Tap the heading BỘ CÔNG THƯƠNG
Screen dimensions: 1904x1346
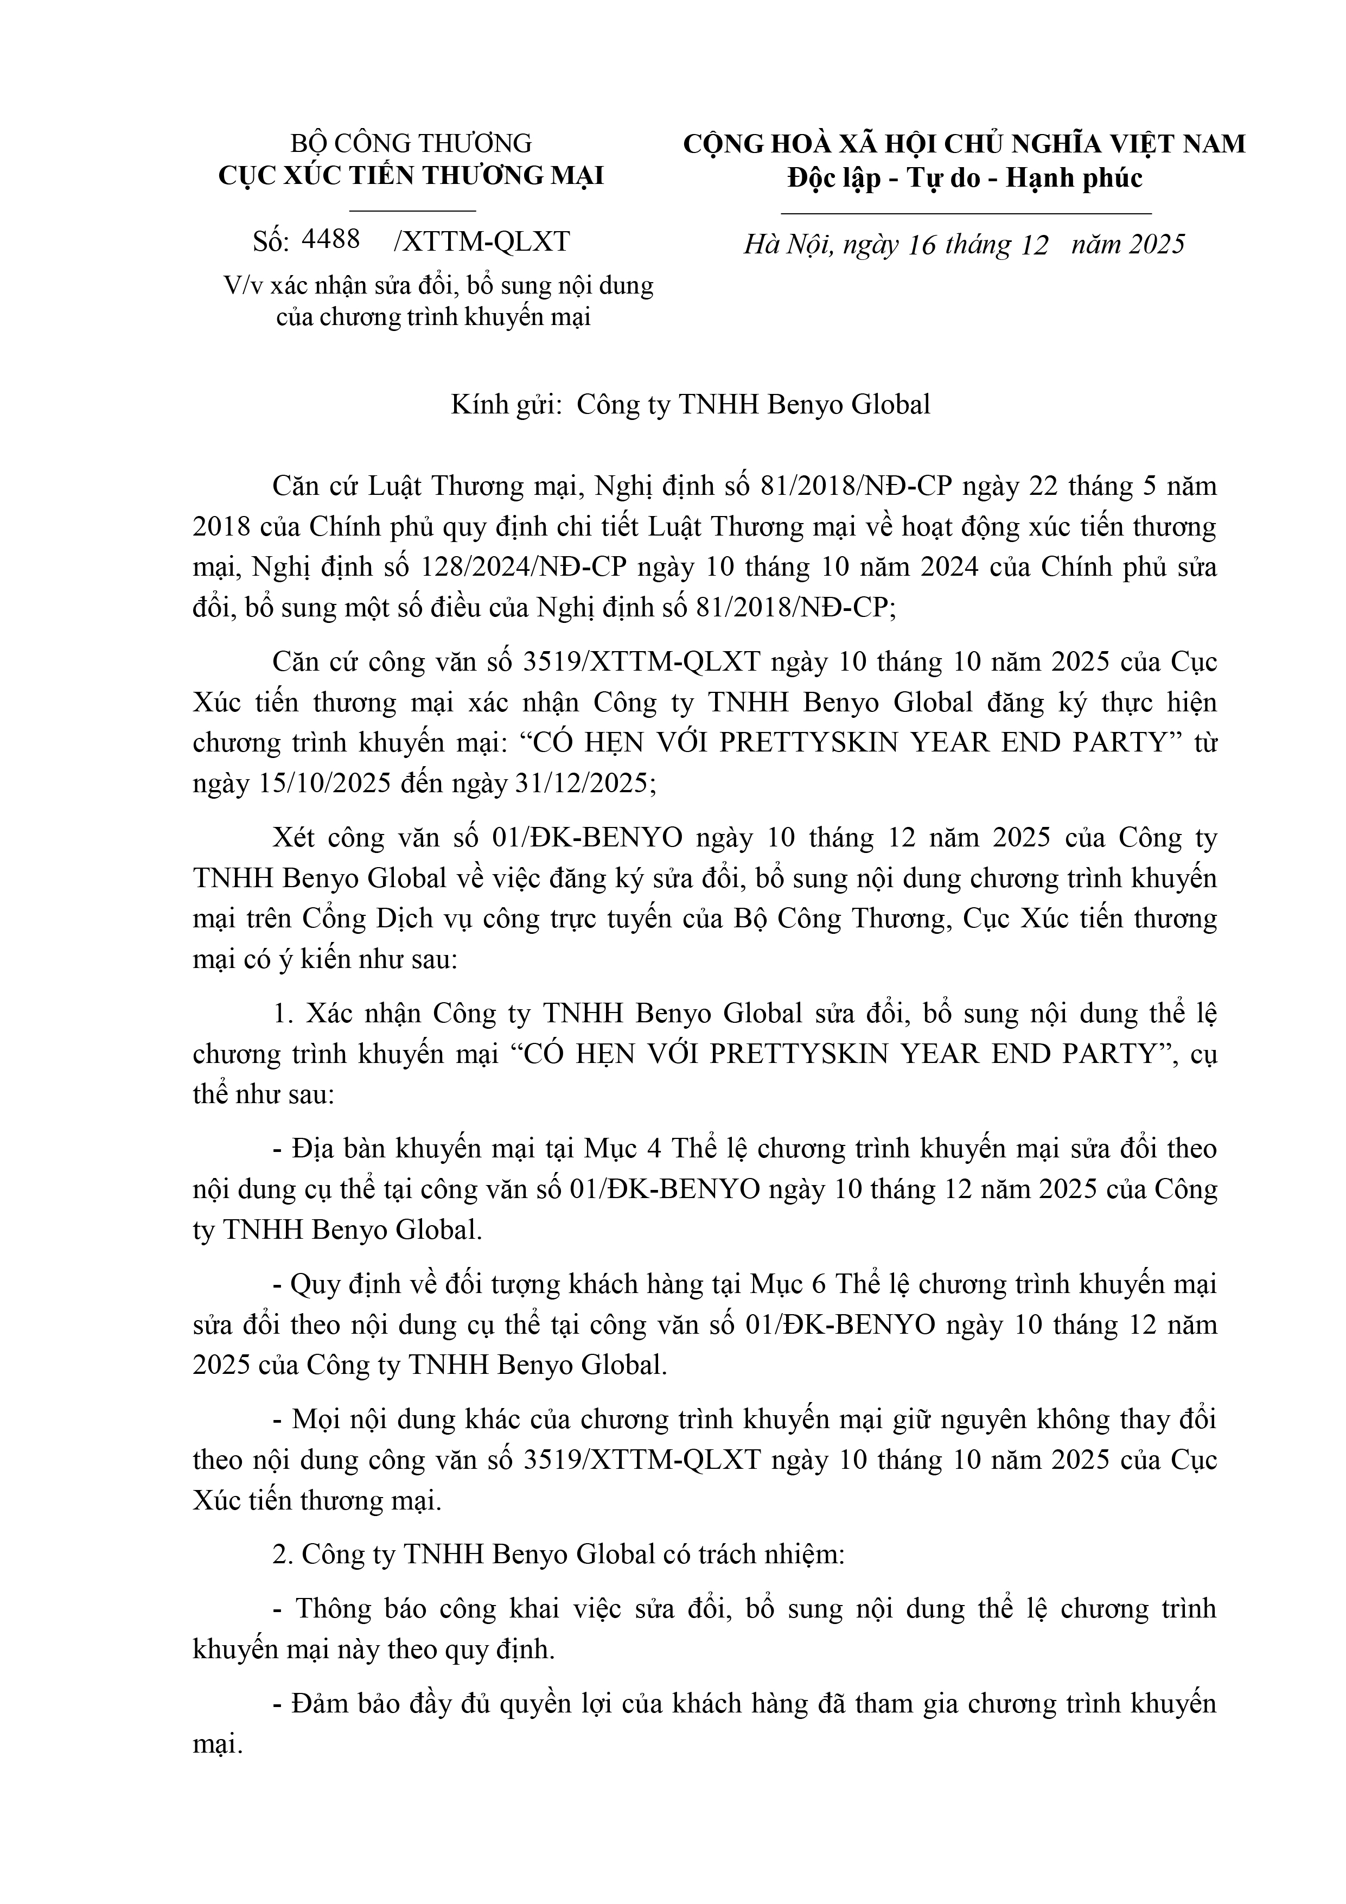coord(411,143)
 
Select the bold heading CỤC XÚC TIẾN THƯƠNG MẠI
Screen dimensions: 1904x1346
coord(411,176)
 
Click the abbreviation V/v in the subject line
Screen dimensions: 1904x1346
coord(237,285)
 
